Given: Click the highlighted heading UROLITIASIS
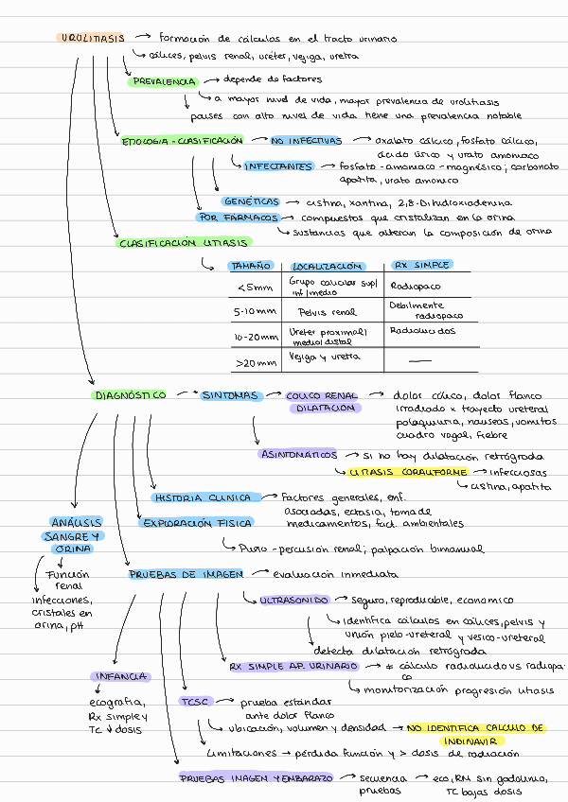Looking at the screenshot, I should (x=92, y=39).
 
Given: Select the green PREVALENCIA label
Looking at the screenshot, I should (x=163, y=81).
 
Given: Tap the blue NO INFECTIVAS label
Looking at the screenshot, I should (x=305, y=141).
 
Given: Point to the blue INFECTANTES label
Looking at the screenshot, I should (x=278, y=166).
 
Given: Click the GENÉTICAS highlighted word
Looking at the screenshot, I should (x=251, y=202).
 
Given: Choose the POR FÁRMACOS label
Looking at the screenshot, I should (x=237, y=218).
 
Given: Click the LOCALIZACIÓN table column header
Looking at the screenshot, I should (x=328, y=267).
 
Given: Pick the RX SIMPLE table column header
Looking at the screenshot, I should (x=422, y=266).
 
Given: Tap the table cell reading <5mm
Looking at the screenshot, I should (x=253, y=288).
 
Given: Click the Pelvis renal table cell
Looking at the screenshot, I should (x=327, y=311).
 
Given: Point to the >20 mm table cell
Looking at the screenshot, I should (x=255, y=361).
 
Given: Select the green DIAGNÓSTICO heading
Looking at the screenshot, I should (x=130, y=395).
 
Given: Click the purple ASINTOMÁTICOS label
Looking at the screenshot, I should (x=296, y=454).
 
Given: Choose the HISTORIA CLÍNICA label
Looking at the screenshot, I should (x=203, y=497).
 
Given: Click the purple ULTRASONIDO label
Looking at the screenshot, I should (x=294, y=600).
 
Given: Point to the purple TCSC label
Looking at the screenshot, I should (x=196, y=702).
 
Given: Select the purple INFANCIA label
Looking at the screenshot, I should (x=119, y=676).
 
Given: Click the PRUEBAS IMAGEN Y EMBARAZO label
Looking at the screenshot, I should (x=256, y=777).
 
